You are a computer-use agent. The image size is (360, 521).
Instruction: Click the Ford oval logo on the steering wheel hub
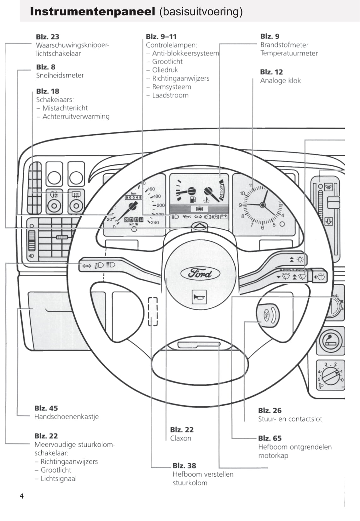point(200,273)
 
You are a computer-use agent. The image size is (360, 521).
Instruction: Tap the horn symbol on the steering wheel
point(199,297)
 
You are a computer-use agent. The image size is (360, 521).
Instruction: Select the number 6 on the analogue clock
point(262,227)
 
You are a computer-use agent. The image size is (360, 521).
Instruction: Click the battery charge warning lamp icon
point(224,217)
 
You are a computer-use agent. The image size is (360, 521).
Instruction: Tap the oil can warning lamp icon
point(187,217)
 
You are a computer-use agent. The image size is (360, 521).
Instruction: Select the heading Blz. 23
point(48,37)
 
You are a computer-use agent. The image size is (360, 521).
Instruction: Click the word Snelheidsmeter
point(60,75)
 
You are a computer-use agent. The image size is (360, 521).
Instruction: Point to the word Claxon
point(181,438)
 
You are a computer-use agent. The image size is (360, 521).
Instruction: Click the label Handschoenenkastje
point(67,416)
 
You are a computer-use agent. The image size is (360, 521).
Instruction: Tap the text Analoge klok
point(281,81)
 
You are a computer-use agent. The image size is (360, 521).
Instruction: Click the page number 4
point(22,496)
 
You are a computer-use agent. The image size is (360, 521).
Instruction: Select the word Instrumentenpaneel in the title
point(93,12)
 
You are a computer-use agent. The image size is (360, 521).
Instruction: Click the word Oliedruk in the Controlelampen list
point(165,70)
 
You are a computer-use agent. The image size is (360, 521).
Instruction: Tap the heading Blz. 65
point(270,438)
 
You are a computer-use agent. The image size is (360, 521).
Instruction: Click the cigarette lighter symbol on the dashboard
point(330,341)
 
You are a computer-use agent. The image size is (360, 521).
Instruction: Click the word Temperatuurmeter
point(289,53)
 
